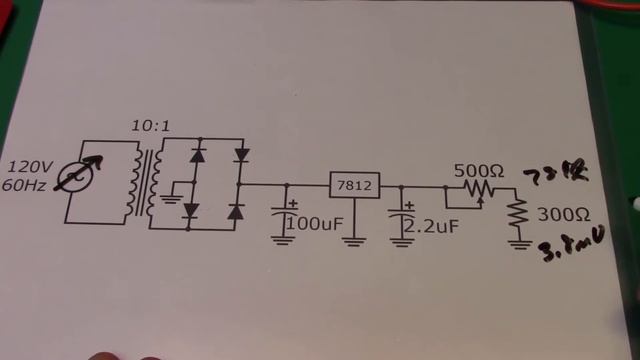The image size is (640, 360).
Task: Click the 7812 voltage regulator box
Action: click(357, 186)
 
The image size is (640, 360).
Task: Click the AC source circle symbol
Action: click(78, 177)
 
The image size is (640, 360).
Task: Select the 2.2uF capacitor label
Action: click(433, 226)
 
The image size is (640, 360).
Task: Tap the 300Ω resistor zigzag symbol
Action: click(519, 213)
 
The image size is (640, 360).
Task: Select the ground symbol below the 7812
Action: click(357, 241)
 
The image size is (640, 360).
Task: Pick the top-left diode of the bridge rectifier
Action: click(197, 155)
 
